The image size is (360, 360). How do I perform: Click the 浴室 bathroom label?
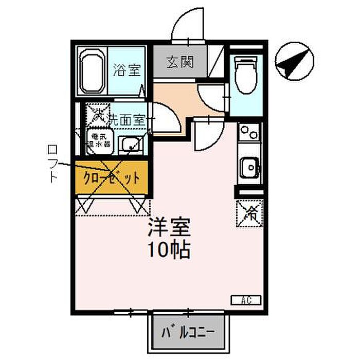pyautogui.click(x=127, y=70)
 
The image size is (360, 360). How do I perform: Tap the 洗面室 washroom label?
pyautogui.click(x=127, y=119)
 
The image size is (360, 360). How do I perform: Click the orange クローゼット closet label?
pyautogui.click(x=112, y=178)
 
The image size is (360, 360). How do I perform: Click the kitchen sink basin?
pyautogui.click(x=250, y=167)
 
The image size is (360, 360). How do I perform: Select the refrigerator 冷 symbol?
pyautogui.click(x=250, y=213)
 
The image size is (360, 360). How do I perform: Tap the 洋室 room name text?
pyautogui.click(x=169, y=227)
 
